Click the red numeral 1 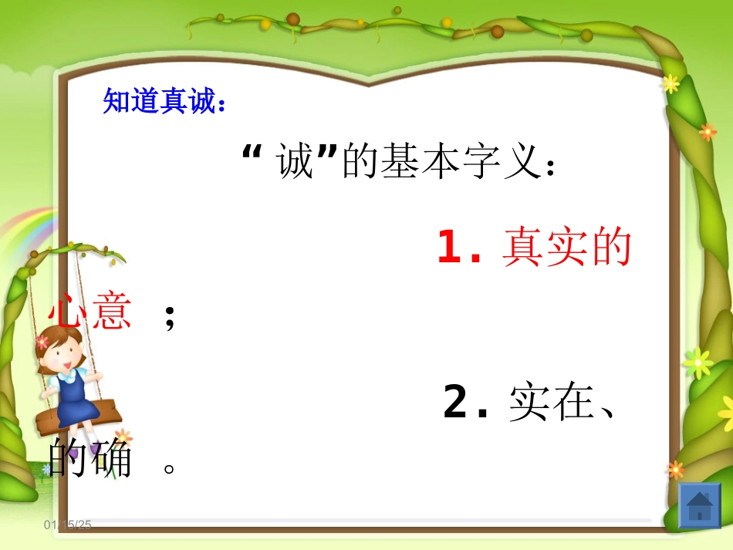[x=449, y=248]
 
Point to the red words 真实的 [x=567, y=248]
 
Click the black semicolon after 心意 [x=170, y=316]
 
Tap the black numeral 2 [x=456, y=403]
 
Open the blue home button [x=699, y=506]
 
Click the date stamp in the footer [x=68, y=525]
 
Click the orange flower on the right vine [x=708, y=132]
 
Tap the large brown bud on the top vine [x=293, y=19]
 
